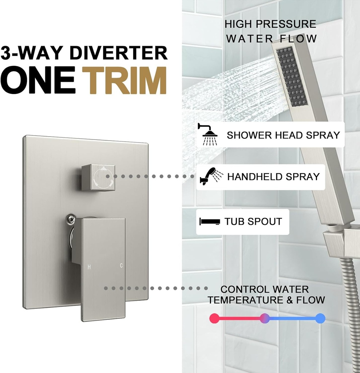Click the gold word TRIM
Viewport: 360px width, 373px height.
[124, 81]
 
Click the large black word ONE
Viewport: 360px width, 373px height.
[38, 81]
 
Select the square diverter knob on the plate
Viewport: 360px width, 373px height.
[98, 177]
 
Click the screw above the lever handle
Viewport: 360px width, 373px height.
[71, 219]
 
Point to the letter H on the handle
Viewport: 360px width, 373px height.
[89, 267]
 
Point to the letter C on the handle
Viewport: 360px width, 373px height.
[121, 266]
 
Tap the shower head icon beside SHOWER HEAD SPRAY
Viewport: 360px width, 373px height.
[208, 134]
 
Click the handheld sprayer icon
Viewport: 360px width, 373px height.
[211, 176]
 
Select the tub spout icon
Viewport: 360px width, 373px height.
[210, 221]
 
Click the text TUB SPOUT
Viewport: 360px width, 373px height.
[253, 221]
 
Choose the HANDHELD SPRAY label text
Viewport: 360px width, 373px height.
[273, 177]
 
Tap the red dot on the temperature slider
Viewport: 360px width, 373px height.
[214, 318]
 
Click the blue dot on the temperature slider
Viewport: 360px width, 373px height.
[320, 318]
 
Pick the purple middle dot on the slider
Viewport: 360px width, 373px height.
[264, 318]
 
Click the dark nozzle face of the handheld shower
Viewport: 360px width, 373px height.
[292, 76]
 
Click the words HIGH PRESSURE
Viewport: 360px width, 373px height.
[270, 24]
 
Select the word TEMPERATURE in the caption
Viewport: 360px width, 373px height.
[245, 300]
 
